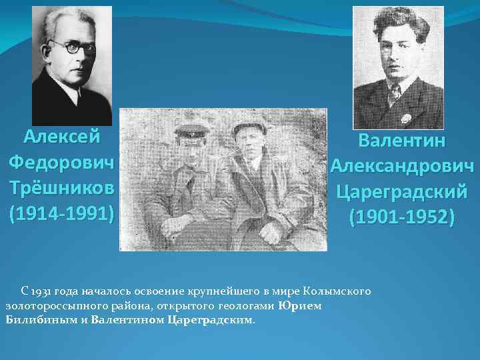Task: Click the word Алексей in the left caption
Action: [x=61, y=137]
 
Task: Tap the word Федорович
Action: [x=61, y=163]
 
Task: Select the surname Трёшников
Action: [x=61, y=189]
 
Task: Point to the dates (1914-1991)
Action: [x=61, y=215]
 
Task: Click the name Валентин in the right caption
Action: [x=402, y=141]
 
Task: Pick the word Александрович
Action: [x=402, y=166]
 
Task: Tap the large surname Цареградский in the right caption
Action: [x=402, y=192]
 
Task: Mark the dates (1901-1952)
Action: [x=402, y=217]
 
